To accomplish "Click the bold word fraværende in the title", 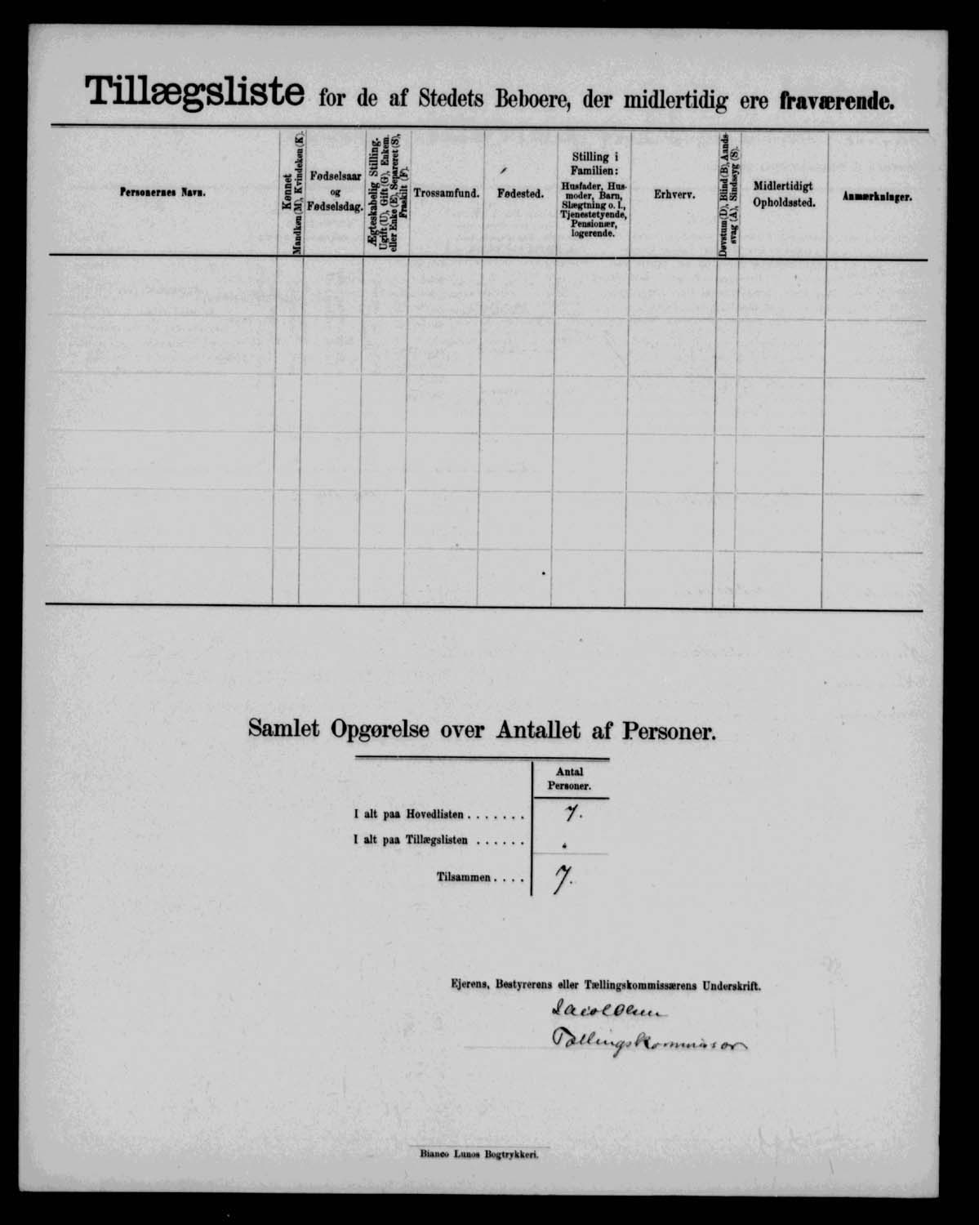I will pos(837,100).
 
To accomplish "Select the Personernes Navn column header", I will pos(162,193).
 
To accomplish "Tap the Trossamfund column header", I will pos(446,194).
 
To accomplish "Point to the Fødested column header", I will pos(520,194).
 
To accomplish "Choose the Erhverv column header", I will pos(674,195).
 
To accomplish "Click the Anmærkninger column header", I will pos(877,197).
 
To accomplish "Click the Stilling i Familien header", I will pos(594,194).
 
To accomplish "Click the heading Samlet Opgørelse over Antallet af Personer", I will pos(482,729).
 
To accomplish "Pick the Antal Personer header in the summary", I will pos(570,778).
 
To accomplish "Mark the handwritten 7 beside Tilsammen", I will pos(561,879).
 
